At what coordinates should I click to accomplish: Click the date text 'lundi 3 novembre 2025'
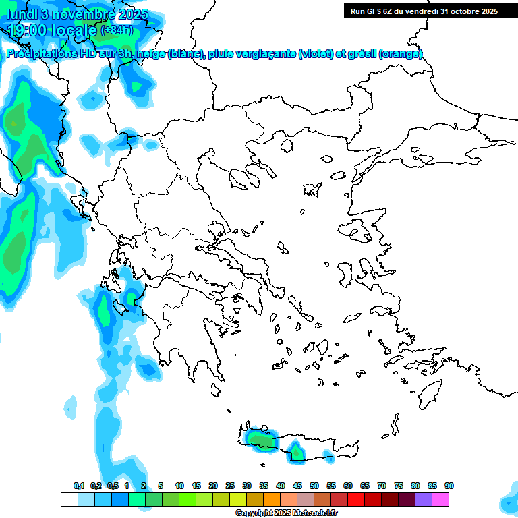pyautogui.click(x=77, y=14)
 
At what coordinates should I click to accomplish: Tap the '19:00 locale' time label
pyautogui.click(x=53, y=30)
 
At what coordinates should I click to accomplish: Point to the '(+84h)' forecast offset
pyautogui.click(x=116, y=30)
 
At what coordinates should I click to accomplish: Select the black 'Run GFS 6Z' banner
pyautogui.click(x=424, y=11)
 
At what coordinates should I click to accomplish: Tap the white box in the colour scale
pyautogui.click(x=69, y=499)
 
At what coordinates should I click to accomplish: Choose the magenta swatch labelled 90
pyautogui.click(x=440, y=499)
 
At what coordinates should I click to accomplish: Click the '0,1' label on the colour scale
pyautogui.click(x=79, y=486)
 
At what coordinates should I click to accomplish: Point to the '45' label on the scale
pyautogui.click(x=297, y=486)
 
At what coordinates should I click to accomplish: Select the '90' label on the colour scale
pyautogui.click(x=449, y=486)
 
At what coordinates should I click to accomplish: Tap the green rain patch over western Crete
pyautogui.click(x=259, y=439)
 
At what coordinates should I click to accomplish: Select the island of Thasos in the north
pyautogui.click(x=287, y=146)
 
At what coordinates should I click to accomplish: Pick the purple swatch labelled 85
pyautogui.click(x=424, y=499)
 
